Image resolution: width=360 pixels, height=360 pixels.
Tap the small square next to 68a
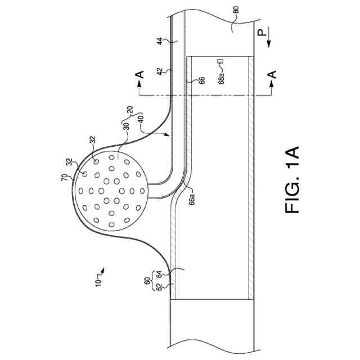[221, 62]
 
